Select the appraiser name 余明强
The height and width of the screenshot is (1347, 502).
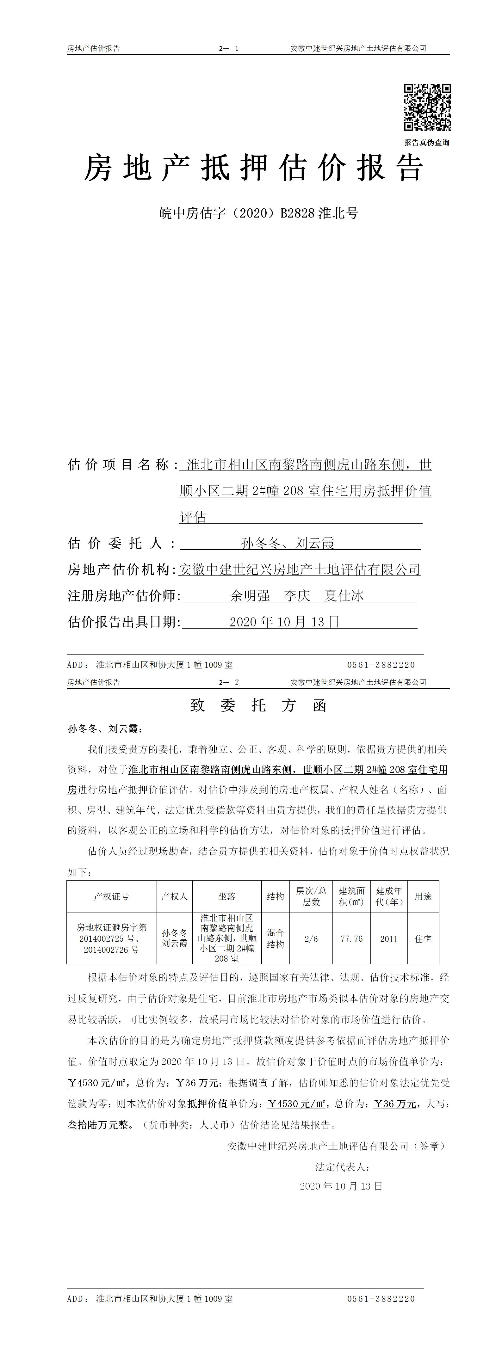click(x=250, y=596)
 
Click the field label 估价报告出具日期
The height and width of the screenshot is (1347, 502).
click(x=123, y=622)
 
